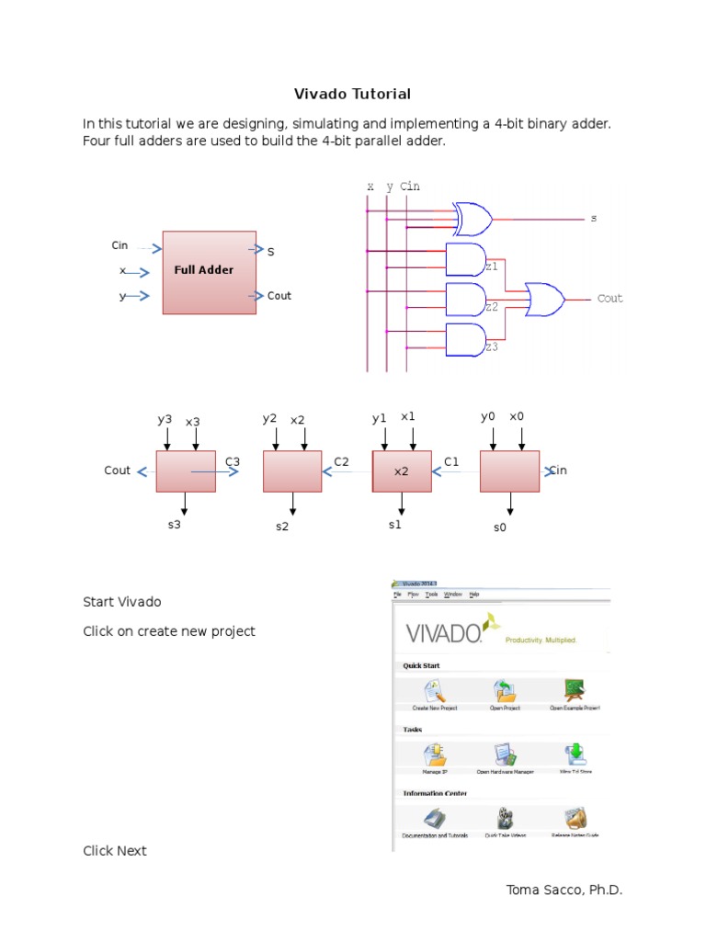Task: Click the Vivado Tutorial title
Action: point(352,94)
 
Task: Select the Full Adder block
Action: point(210,272)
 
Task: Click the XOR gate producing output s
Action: point(473,220)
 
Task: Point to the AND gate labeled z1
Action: point(464,259)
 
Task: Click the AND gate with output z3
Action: point(464,339)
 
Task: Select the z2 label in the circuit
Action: point(492,307)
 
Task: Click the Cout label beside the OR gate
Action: point(609,299)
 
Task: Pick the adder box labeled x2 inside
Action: point(402,470)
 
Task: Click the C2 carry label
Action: point(342,461)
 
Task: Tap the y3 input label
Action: point(165,419)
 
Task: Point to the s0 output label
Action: point(500,528)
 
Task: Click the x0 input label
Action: point(517,416)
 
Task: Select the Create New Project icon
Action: point(435,691)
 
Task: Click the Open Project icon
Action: point(504,691)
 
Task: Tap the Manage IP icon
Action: point(435,754)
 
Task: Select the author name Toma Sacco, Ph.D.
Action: point(564,890)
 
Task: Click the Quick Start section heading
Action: point(421,665)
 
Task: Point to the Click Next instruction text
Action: point(115,851)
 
